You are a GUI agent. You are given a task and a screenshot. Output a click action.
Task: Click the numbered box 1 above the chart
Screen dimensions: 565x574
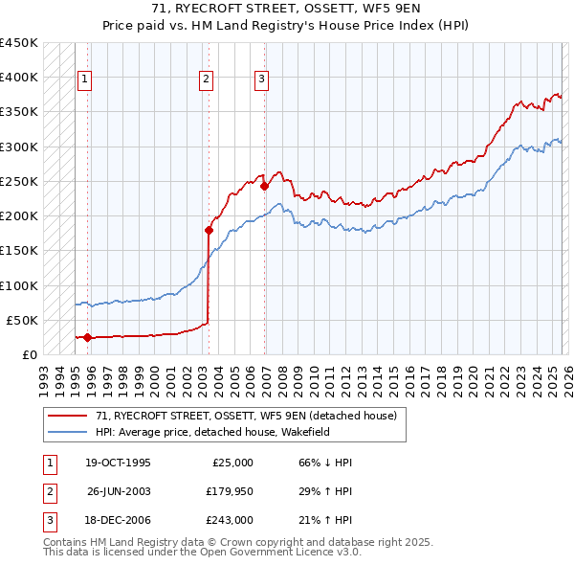(x=84, y=79)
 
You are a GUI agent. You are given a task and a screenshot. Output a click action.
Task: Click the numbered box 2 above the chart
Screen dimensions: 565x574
(x=206, y=79)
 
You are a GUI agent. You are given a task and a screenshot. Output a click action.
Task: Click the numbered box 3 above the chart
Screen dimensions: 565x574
(x=261, y=79)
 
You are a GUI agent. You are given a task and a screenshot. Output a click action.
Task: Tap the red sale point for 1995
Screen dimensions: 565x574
(x=87, y=337)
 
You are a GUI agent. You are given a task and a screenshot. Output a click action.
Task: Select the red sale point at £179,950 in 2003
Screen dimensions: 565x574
(x=209, y=230)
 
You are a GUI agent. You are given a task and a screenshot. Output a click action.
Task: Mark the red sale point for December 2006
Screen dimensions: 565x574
(x=264, y=187)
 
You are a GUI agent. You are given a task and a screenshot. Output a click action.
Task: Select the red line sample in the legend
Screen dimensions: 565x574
(x=69, y=416)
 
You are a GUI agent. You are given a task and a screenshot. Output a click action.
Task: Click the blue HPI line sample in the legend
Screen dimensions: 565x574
(x=69, y=432)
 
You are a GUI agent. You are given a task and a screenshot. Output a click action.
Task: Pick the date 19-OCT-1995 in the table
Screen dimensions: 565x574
(x=118, y=463)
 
